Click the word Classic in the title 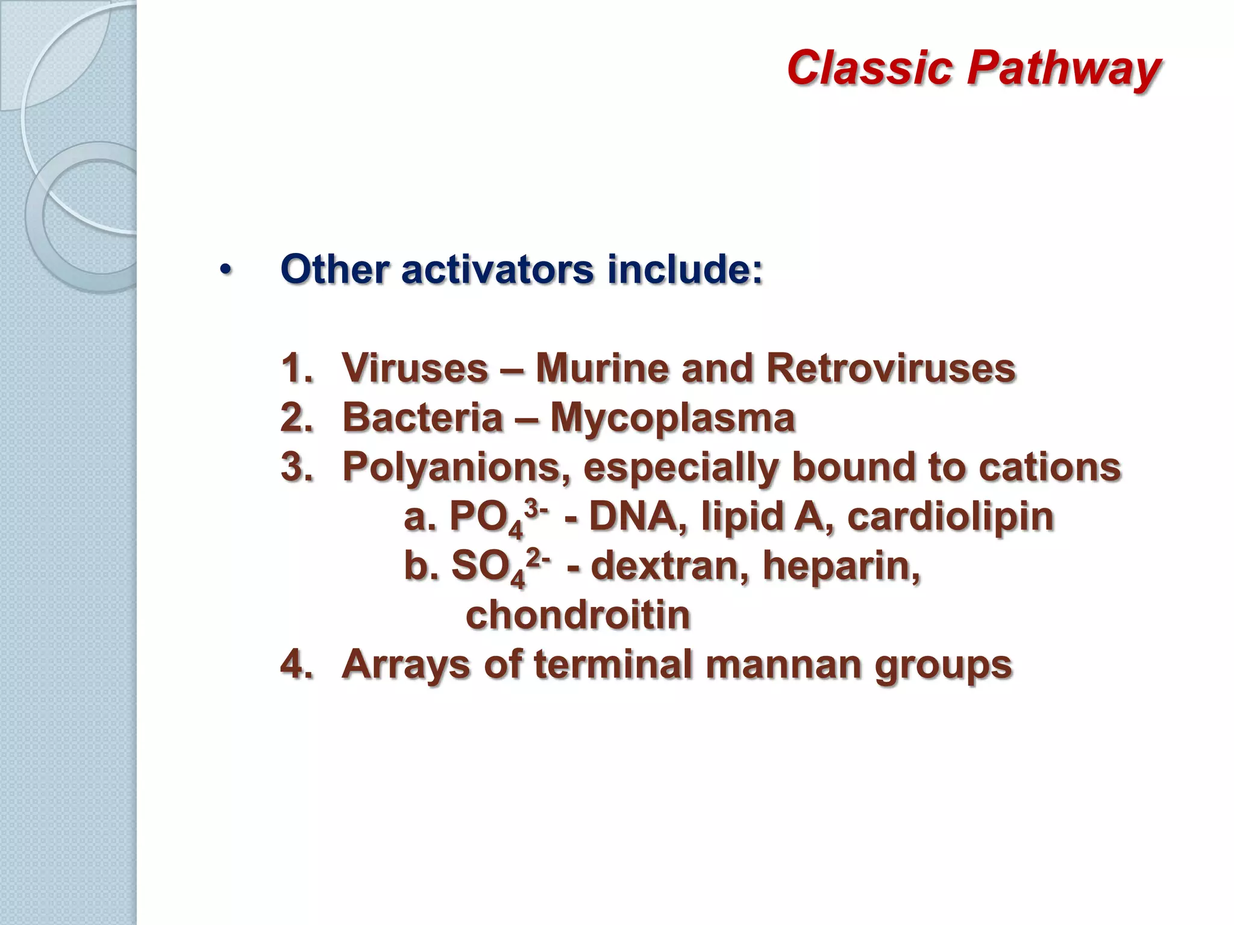point(869,67)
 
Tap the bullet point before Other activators point(225,270)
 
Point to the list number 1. point(296,368)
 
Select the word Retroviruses point(891,368)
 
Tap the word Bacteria point(422,417)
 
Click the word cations point(1049,467)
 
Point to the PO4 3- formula point(498,518)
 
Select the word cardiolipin point(950,517)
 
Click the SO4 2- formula point(499,567)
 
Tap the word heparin point(841,567)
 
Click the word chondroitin point(578,615)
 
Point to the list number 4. point(296,665)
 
